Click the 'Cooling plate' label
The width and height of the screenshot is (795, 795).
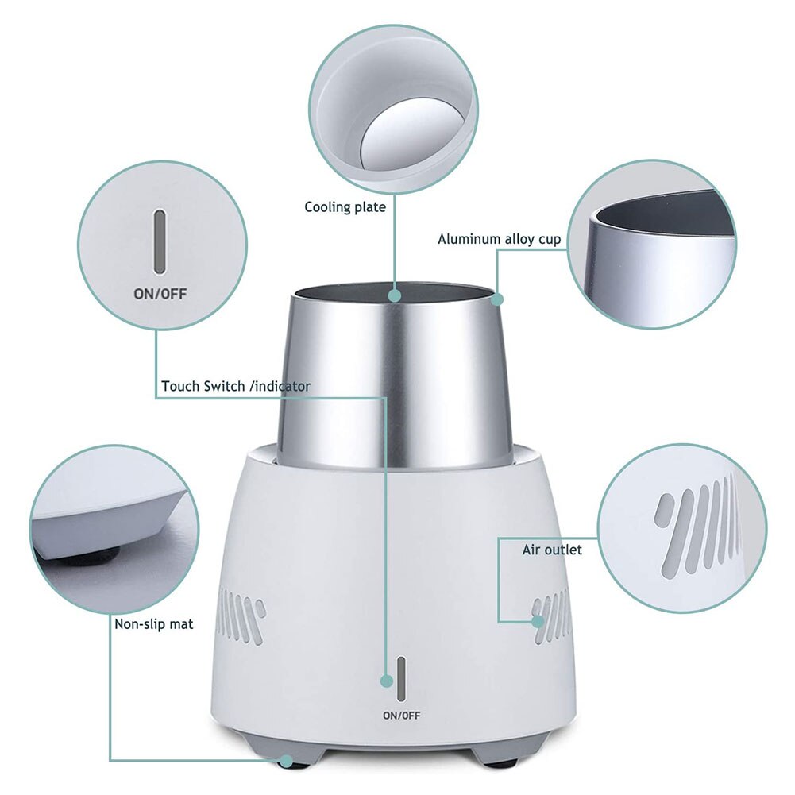coord(345,207)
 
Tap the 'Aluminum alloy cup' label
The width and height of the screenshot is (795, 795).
coord(499,239)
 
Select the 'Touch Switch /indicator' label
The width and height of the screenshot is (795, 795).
coord(236,387)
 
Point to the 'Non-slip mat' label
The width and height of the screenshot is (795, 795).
coord(154,624)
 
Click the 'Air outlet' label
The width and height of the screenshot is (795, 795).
coord(552,550)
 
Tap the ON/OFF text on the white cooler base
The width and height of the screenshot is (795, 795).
coord(401,715)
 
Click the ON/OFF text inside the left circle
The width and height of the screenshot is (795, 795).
coord(160,294)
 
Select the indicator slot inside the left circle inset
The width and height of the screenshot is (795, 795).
coord(160,241)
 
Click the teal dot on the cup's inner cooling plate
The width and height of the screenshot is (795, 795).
coord(395,295)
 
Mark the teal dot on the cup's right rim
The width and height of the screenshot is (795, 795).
coord(497,299)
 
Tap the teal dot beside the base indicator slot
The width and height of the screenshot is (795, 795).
coord(387,681)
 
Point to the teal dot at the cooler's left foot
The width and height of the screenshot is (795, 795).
coord(286,761)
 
